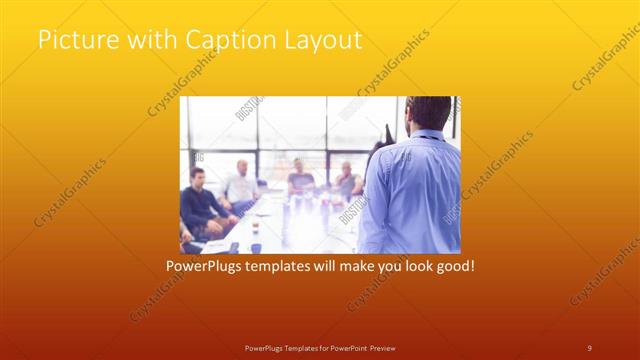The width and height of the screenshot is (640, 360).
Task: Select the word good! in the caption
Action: click(451, 267)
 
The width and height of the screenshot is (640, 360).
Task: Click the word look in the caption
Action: click(406, 267)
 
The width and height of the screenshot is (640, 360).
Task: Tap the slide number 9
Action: click(589, 347)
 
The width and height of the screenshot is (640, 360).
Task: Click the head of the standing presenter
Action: click(428, 113)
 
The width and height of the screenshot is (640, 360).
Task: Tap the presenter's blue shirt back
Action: click(410, 190)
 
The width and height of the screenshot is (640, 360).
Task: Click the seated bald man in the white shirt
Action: click(240, 185)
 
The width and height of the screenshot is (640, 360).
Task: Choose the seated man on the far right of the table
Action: click(346, 182)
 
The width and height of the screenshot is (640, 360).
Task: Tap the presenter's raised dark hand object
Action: click(388, 134)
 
